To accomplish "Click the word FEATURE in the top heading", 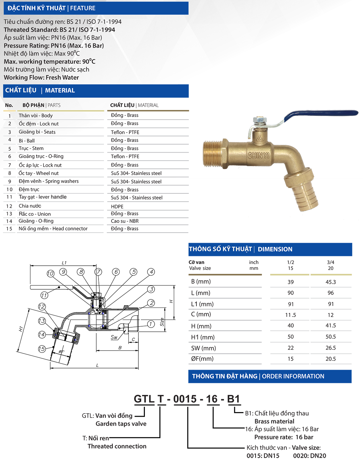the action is tap(83, 8).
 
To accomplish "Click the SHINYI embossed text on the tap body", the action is tap(258, 156).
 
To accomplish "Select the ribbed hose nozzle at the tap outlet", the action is tap(300, 194).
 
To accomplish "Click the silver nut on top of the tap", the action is tap(260, 121).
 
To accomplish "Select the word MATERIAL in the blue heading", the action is tap(60, 90).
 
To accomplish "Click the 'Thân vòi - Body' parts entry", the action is tap(35, 116).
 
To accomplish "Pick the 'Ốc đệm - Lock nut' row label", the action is tap(39, 124).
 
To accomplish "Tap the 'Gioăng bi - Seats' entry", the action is tap(37, 132).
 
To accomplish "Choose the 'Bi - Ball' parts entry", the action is tap(27, 141).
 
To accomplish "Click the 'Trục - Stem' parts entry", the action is tap(31, 148).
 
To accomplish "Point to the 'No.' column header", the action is tap(9, 105).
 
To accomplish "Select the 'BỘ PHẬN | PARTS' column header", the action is tap(41, 105).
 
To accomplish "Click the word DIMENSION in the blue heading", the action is tap(275, 249).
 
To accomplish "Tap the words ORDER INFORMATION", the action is tap(293, 376).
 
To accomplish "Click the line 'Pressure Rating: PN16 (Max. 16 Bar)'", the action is tap(54, 46).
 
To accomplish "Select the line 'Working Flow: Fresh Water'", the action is tap(41, 77).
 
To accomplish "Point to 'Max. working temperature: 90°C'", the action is tap(50, 62).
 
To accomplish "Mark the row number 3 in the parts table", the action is tap(9, 132).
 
